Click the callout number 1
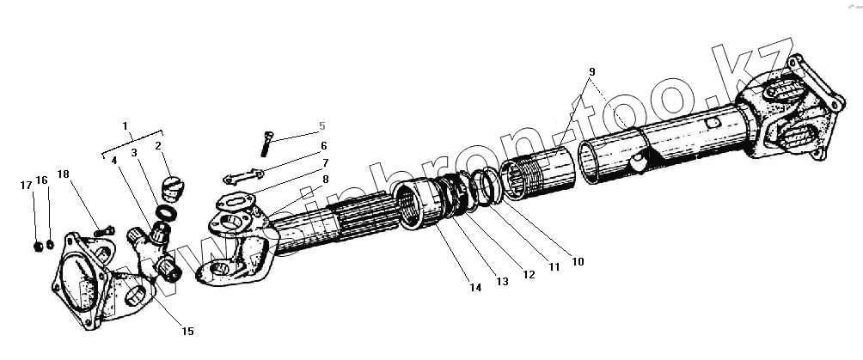coord(125,126)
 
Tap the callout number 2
coord(158,146)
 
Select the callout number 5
coord(322,125)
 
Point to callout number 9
coord(592,70)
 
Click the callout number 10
coord(578,261)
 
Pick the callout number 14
coord(475,288)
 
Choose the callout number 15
coord(187,332)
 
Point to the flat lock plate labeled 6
coord(242,178)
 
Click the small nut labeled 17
coord(37,247)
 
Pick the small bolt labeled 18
coord(104,230)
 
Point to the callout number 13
coord(503,281)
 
